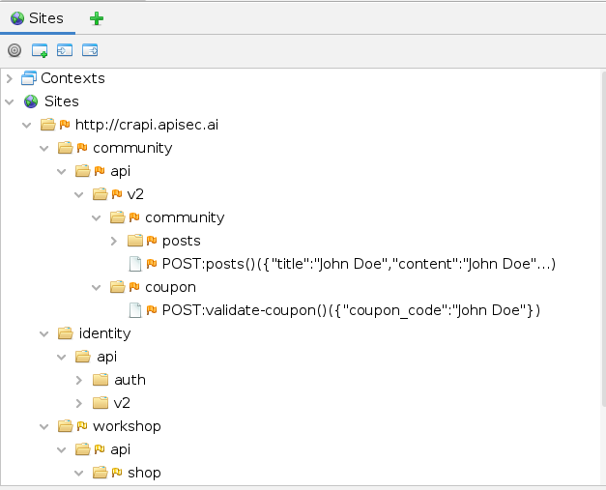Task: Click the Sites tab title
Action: pyautogui.click(x=44, y=17)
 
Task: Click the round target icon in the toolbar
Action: pyautogui.click(x=14, y=50)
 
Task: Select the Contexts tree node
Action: pyautogui.click(x=72, y=78)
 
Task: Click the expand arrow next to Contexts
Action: pyautogui.click(x=10, y=78)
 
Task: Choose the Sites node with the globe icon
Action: pyautogui.click(x=61, y=101)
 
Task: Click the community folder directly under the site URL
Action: pyautogui.click(x=132, y=148)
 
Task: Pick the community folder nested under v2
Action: pyautogui.click(x=184, y=217)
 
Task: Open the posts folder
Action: pyautogui.click(x=181, y=241)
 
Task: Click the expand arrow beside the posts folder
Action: pyautogui.click(x=114, y=241)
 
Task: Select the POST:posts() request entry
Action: pyautogui.click(x=359, y=264)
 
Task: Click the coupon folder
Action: pyautogui.click(x=170, y=287)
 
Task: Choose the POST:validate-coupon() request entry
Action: pyautogui.click(x=350, y=310)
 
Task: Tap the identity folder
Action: pyautogui.click(x=104, y=333)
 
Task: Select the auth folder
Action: pyautogui.click(x=130, y=380)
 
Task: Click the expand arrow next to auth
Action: pyautogui.click(x=79, y=380)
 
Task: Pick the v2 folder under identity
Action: pyautogui.click(x=122, y=403)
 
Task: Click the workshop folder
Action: pyautogui.click(x=127, y=426)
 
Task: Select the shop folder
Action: pyautogui.click(x=144, y=473)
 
